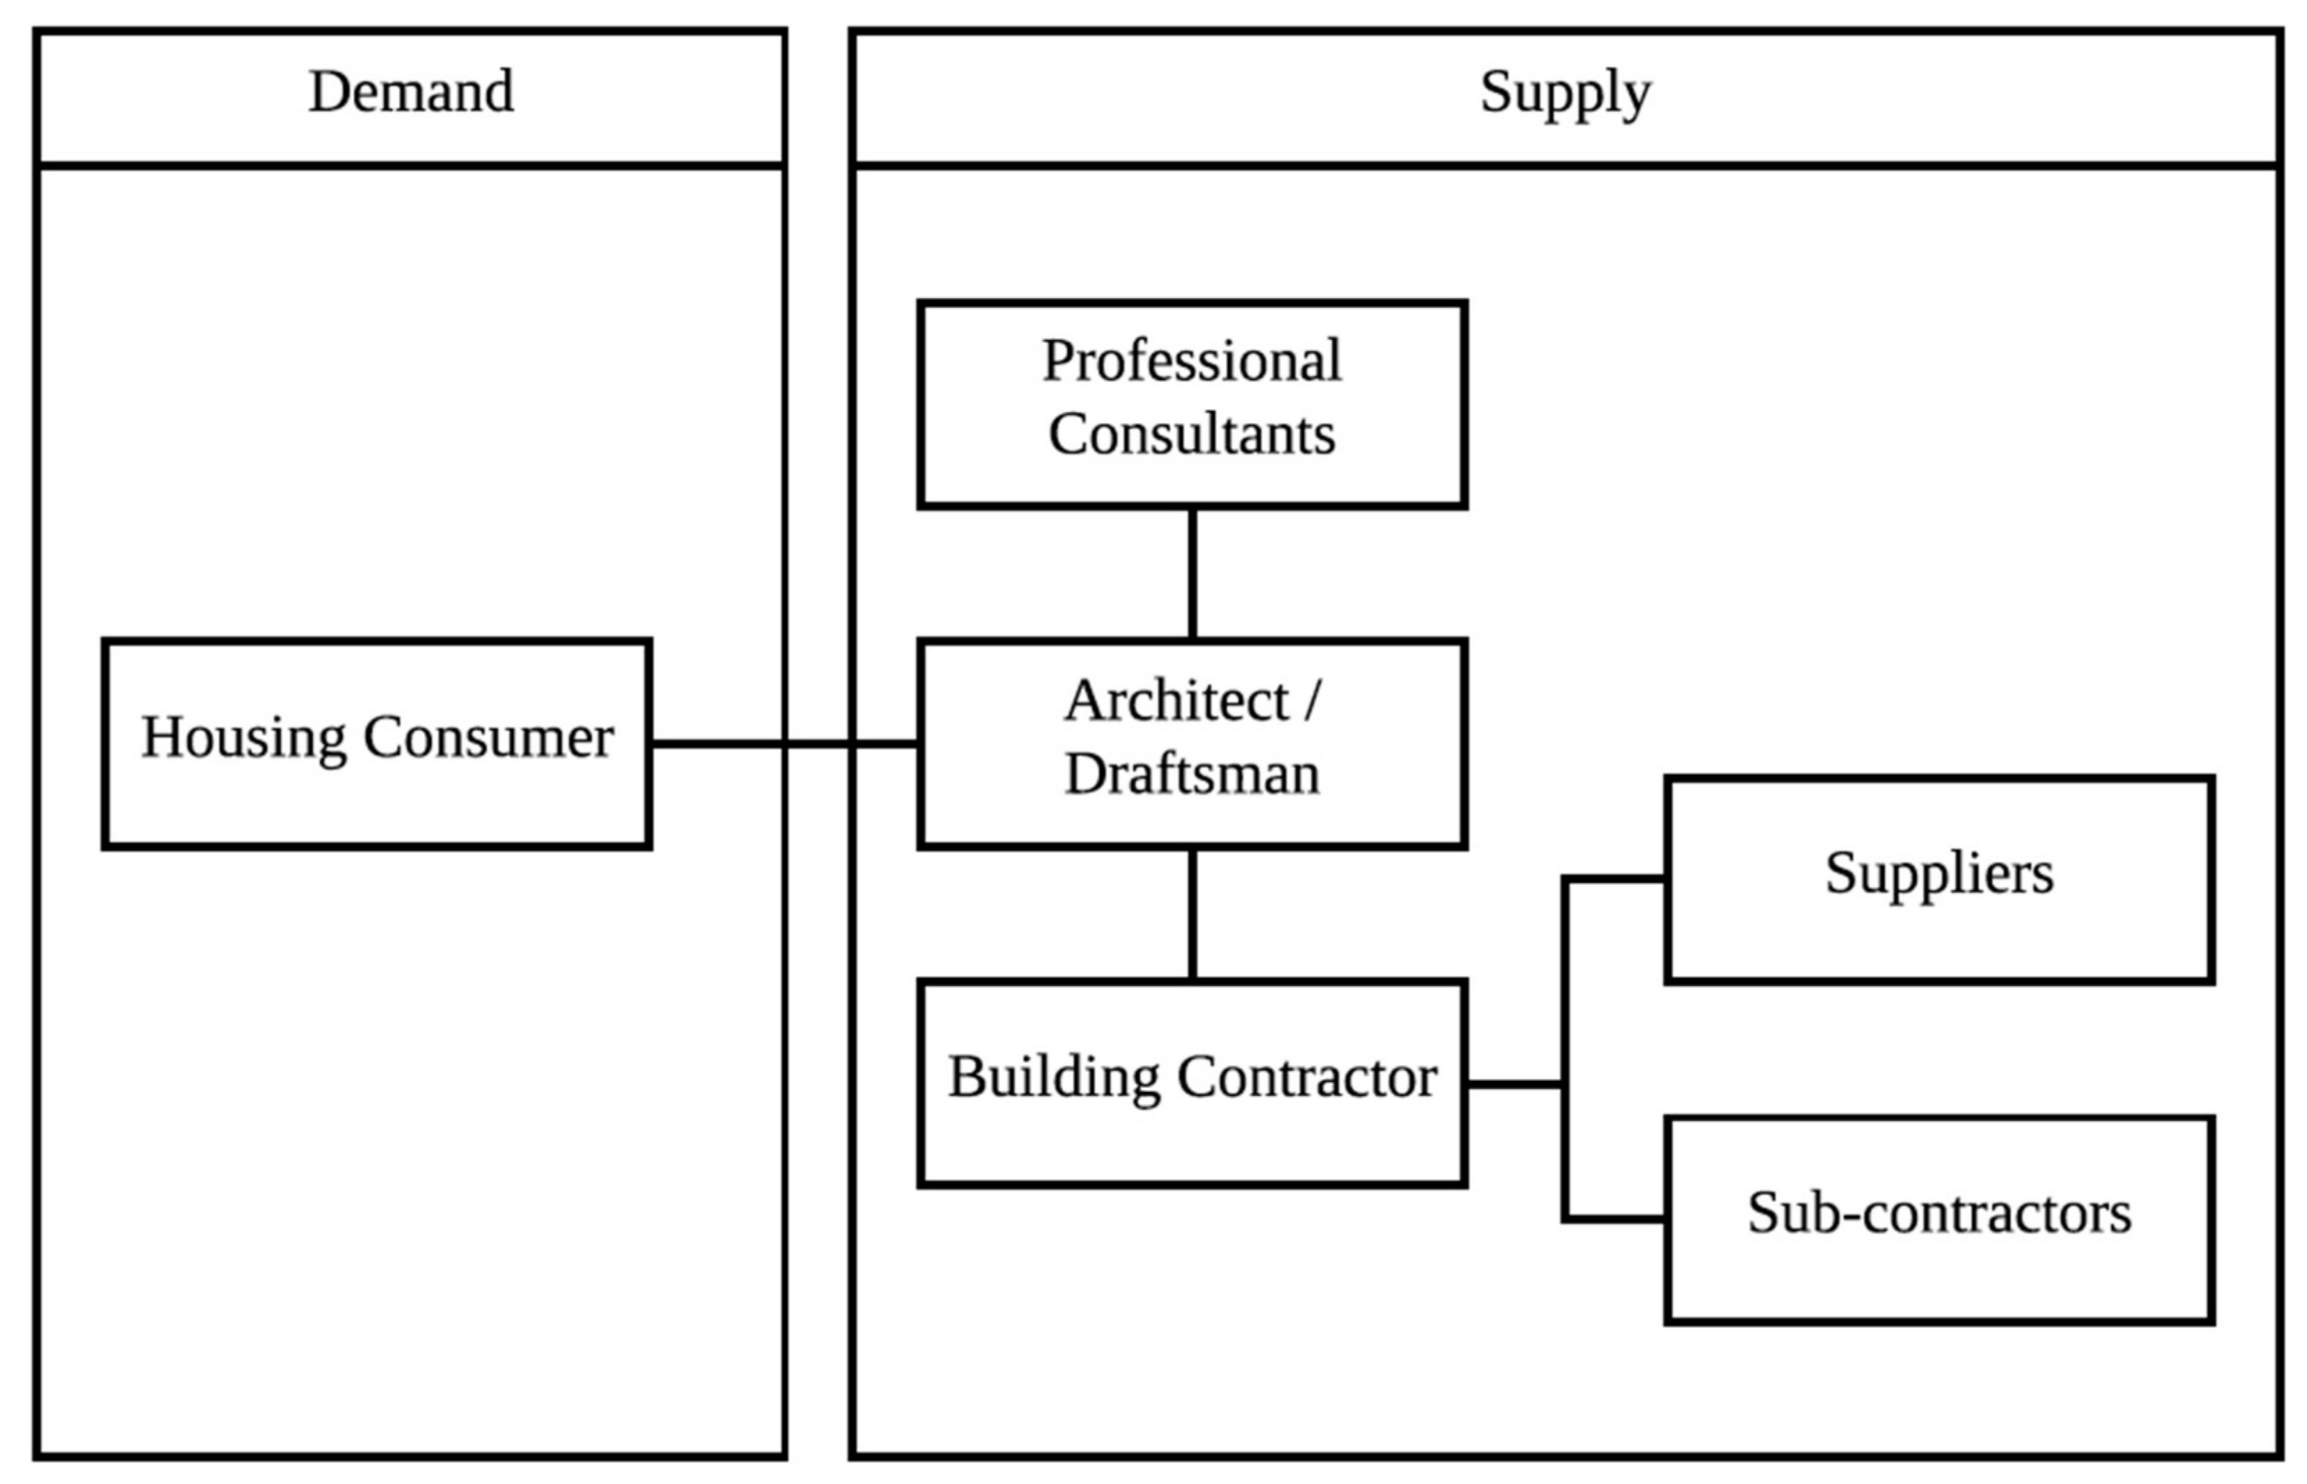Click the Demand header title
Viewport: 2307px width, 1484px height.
(x=411, y=93)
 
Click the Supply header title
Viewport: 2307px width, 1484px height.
(x=1565, y=93)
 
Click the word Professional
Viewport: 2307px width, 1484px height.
(x=1192, y=361)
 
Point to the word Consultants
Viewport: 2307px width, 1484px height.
(x=1192, y=435)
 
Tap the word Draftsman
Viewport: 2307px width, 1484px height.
(x=1192, y=774)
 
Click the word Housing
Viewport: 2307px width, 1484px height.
(x=244, y=738)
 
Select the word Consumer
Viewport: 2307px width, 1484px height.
(x=489, y=738)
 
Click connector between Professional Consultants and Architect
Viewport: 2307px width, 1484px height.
(x=1193, y=573)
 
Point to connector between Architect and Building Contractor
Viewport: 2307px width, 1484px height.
(x=1193, y=913)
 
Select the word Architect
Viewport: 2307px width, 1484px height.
(x=1177, y=701)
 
